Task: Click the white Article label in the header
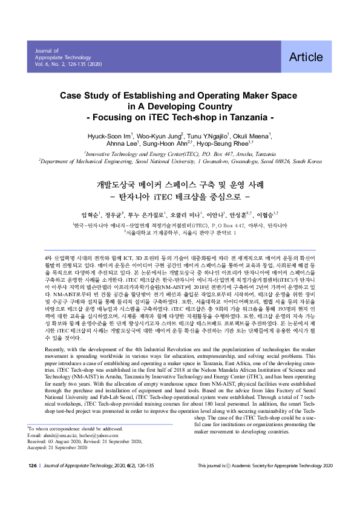pyautogui.click(x=306, y=57)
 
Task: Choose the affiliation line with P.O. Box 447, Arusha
pyautogui.click(x=180, y=154)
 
